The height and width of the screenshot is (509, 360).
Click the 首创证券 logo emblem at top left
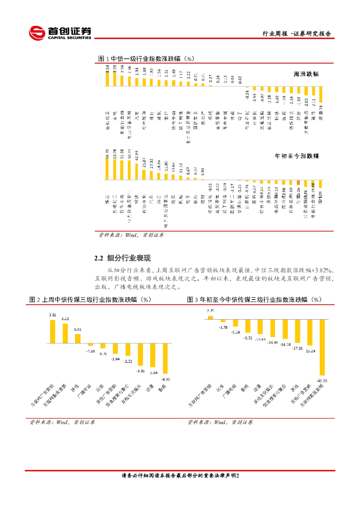(36, 33)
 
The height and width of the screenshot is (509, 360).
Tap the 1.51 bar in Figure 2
(78, 338)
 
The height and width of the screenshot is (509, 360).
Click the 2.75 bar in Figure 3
(210, 317)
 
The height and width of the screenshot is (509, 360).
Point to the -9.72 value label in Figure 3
(247, 338)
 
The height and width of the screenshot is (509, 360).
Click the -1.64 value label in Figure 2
(115, 358)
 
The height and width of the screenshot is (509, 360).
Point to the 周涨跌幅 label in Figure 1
(306, 74)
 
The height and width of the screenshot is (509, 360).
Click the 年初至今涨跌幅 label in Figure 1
(297, 156)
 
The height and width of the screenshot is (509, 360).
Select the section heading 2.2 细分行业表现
(123, 258)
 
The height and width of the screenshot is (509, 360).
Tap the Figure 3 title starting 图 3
(255, 300)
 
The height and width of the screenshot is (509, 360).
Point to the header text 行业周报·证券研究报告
(296, 34)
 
